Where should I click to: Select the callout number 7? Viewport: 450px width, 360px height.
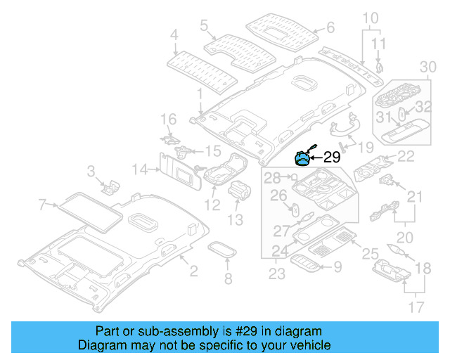[x=43, y=205]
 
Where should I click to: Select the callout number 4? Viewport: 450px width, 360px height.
[x=174, y=33]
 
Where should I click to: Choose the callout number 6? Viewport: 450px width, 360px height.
[x=330, y=28]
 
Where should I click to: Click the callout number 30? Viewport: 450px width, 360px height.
[x=427, y=67]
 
